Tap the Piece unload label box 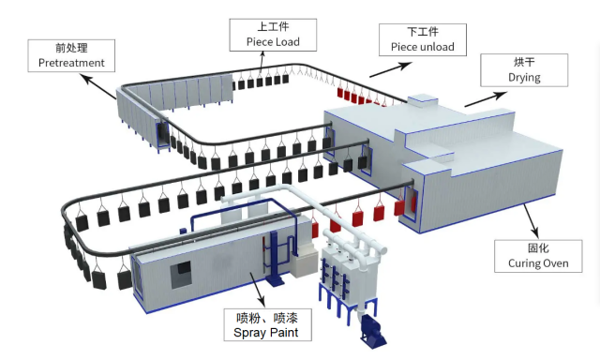point(416,40)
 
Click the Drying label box point(524,69)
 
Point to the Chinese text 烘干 point(524,62)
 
